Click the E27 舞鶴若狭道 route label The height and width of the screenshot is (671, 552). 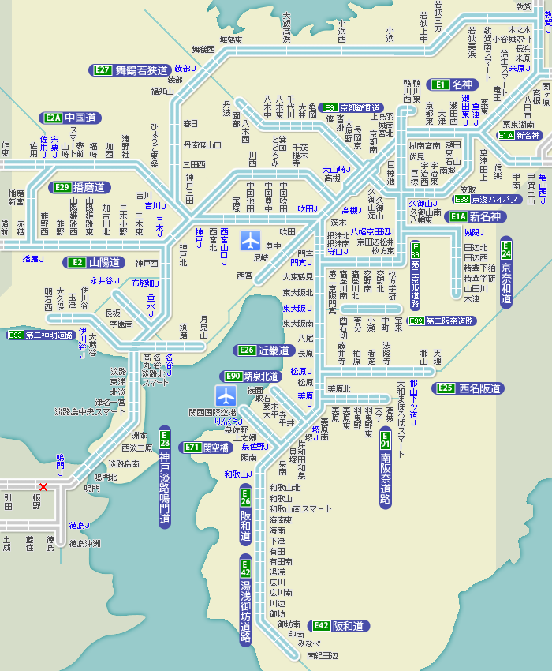(131, 70)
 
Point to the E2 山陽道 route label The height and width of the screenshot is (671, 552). (95, 262)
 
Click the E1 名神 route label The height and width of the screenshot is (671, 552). (452, 84)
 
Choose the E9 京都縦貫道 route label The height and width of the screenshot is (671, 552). (352, 107)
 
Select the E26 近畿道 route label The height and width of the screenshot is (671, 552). (265, 350)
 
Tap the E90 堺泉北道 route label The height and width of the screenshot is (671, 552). (252, 377)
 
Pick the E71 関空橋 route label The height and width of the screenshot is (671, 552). (206, 448)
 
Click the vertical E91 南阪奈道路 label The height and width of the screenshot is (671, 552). (386, 467)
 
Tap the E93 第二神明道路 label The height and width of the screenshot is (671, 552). (40, 335)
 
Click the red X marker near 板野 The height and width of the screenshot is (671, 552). (43, 487)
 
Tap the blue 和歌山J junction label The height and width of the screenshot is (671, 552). (237, 474)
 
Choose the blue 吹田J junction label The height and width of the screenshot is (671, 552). (307, 209)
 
